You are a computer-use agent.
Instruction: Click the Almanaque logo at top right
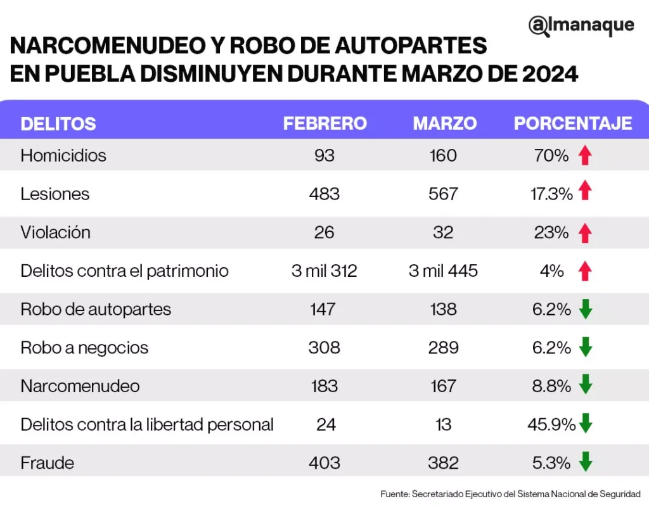click(x=581, y=25)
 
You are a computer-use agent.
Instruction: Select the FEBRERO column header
click(x=324, y=123)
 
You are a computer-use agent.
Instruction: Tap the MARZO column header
click(x=444, y=123)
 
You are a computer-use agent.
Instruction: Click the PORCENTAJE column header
click(x=572, y=123)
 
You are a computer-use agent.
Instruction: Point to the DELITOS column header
click(x=58, y=124)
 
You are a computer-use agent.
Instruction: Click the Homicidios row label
click(x=63, y=155)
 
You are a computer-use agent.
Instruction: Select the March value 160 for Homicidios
click(x=443, y=155)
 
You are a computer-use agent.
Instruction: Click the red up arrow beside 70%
click(x=585, y=156)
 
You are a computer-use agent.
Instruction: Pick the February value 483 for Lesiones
click(x=324, y=194)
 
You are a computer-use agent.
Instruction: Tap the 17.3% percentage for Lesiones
click(x=551, y=194)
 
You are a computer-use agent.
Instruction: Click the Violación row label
click(x=55, y=232)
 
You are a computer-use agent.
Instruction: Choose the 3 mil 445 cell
click(x=443, y=271)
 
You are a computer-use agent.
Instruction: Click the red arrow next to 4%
click(x=585, y=272)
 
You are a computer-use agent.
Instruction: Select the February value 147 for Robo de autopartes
click(x=324, y=309)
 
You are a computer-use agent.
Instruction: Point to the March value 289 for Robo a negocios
click(x=443, y=348)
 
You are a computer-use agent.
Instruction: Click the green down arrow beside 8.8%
click(x=585, y=386)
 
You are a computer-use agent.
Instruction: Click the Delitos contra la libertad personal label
click(x=147, y=424)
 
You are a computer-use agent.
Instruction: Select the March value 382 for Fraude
click(x=443, y=463)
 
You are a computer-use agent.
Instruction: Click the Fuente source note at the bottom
click(x=510, y=493)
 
